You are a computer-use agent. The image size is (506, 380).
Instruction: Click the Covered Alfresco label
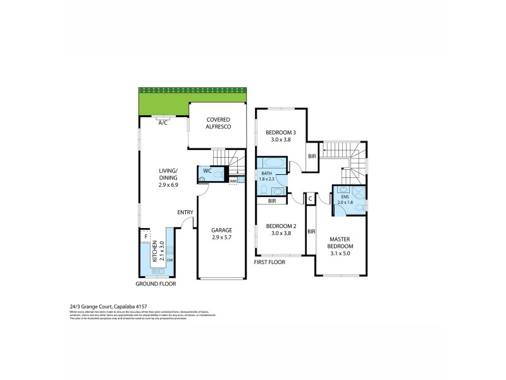click(x=218, y=123)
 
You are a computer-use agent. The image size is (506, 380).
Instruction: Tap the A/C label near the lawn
click(x=163, y=123)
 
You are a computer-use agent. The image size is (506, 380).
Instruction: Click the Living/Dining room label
click(x=168, y=174)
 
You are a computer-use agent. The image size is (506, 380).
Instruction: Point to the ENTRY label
click(x=184, y=213)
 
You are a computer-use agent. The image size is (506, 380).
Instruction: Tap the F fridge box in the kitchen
click(x=147, y=237)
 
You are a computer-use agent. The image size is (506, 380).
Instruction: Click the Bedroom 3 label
click(x=281, y=136)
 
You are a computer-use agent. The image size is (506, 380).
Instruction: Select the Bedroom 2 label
click(x=281, y=229)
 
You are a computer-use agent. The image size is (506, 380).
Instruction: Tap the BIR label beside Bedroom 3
click(x=311, y=156)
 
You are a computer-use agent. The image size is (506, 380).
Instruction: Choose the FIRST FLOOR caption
click(x=269, y=262)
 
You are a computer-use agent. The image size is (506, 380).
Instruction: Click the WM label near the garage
click(x=233, y=181)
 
